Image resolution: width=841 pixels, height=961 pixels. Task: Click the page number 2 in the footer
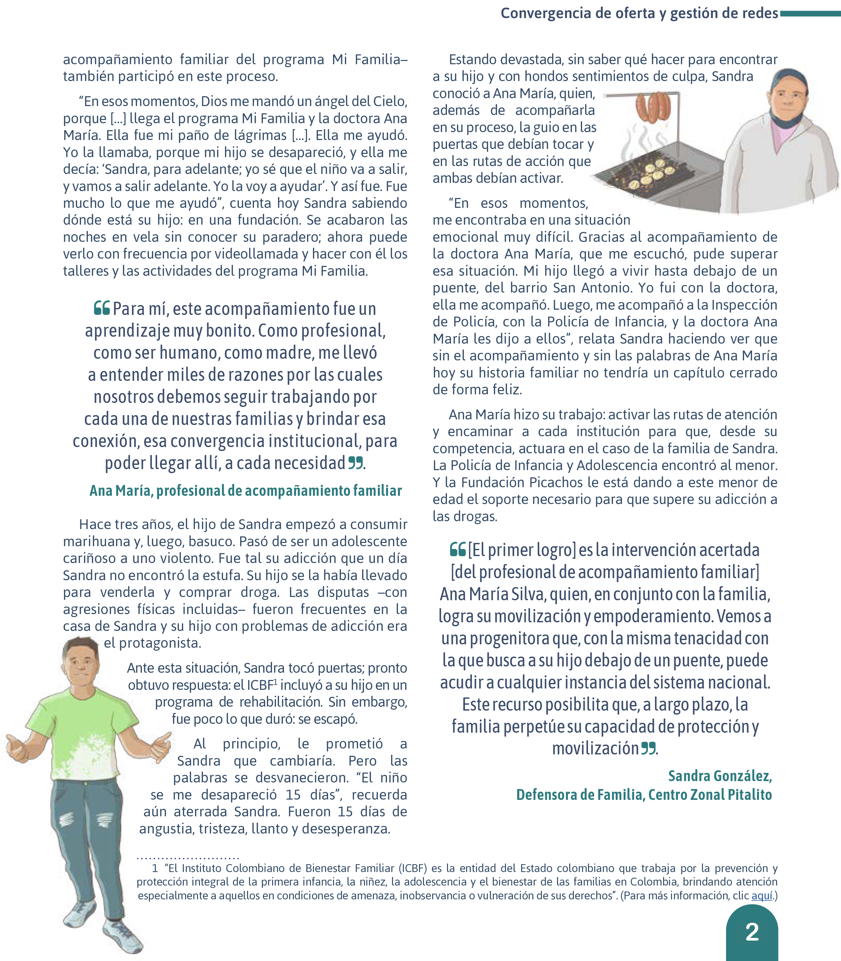pyautogui.click(x=752, y=932)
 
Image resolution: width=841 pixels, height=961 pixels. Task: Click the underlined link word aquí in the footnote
pyautogui.click(x=762, y=895)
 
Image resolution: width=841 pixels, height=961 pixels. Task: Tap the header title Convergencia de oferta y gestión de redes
pyautogui.click(x=639, y=13)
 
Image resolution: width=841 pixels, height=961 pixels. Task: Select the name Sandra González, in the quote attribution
pyautogui.click(x=720, y=776)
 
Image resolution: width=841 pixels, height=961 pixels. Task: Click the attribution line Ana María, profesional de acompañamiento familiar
pyautogui.click(x=245, y=491)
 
